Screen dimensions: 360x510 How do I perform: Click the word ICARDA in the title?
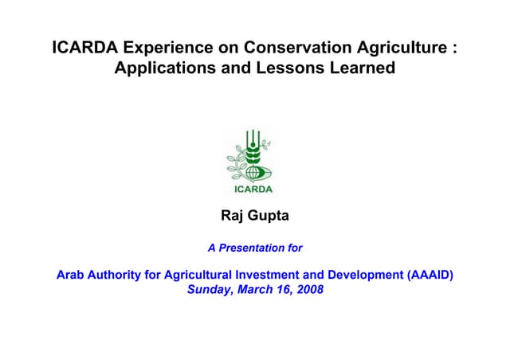click(x=84, y=48)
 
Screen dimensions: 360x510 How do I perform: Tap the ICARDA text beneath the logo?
click(x=254, y=190)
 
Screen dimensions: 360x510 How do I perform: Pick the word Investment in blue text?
click(x=265, y=276)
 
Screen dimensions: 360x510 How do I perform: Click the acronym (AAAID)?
click(x=430, y=276)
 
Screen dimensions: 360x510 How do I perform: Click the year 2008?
click(x=308, y=290)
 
